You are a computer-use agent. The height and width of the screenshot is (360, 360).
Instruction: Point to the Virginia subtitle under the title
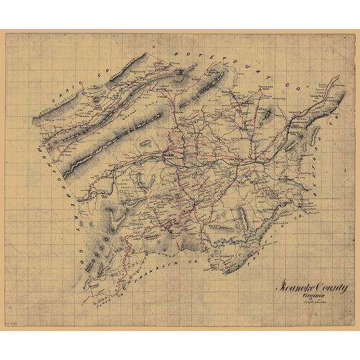[315, 295]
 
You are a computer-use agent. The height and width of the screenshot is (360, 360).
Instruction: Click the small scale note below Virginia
[315, 301]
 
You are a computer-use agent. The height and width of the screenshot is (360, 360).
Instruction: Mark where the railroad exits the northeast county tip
[338, 86]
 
